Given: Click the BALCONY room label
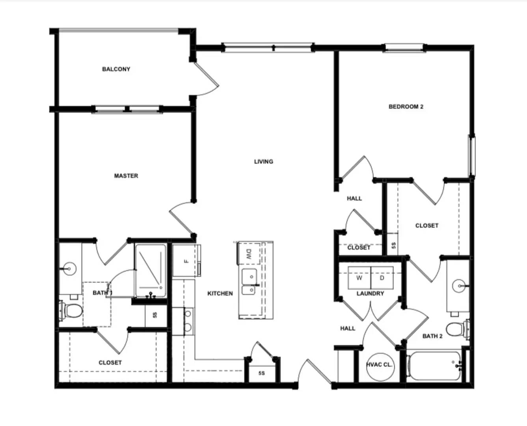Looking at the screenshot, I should coord(116,69).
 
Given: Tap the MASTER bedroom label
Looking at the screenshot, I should coord(126,176).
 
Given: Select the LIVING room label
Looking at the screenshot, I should coord(263,161).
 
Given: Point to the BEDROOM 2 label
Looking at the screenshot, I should coord(406,106).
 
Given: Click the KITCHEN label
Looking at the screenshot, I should coord(220,293).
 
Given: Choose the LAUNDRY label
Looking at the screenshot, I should coord(370,293).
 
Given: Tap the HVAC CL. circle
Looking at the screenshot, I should coord(379,365).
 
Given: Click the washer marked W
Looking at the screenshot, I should coord(359,278).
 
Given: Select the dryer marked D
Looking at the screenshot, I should coord(382,278).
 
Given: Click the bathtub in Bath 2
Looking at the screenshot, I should coord(434,366).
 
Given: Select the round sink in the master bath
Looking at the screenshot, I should coord(69,269).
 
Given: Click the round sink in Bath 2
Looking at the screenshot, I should coord(458,285).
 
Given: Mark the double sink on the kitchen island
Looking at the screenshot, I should coord(249,282).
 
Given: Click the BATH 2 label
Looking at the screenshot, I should coord(432,336).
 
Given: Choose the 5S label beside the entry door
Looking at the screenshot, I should coord(262,373).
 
